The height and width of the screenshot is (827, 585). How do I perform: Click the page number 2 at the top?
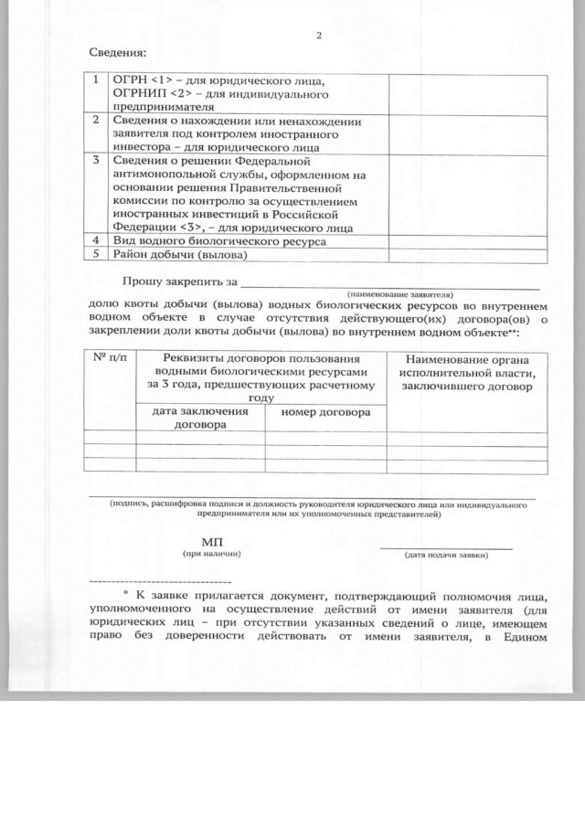(x=319, y=36)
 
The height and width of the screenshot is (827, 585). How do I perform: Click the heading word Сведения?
(x=118, y=54)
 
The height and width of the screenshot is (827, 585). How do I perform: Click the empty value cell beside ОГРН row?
(x=467, y=93)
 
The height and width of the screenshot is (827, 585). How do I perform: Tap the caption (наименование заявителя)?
(x=399, y=294)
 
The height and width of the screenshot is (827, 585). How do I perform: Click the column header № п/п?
(x=109, y=359)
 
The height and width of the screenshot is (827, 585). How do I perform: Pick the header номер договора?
(x=325, y=412)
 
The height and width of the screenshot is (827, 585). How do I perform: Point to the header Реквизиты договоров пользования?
(x=261, y=359)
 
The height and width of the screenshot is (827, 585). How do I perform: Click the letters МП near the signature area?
(x=211, y=541)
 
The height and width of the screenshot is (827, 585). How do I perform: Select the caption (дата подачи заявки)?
(x=446, y=555)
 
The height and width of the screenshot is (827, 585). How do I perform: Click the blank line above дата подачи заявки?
(x=446, y=547)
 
